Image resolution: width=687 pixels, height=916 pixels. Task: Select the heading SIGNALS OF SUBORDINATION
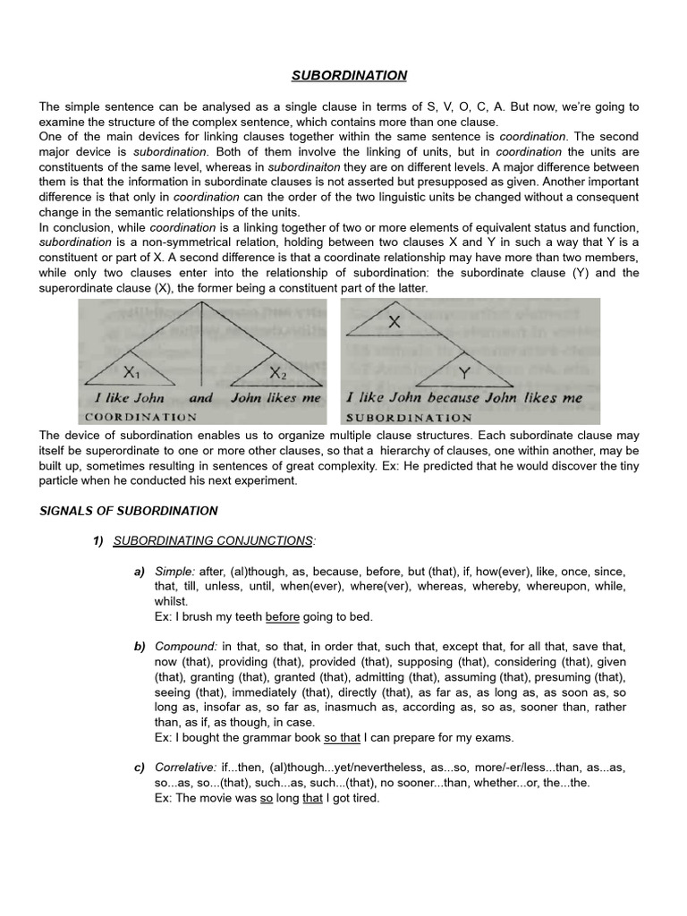pos(128,511)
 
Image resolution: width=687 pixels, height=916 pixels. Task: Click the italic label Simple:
pos(174,571)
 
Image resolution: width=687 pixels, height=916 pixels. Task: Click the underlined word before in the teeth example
pos(283,616)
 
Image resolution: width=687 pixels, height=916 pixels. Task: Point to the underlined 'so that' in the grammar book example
pos(342,738)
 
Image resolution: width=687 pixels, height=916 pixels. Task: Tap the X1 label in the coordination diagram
pos(132,370)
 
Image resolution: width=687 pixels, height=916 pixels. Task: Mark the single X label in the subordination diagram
pos(394,322)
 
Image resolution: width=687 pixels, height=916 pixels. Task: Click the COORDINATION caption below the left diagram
pos(140,417)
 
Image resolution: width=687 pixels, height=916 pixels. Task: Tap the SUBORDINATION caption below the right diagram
pos(409,417)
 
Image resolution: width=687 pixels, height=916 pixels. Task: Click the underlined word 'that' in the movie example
pos(312,799)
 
